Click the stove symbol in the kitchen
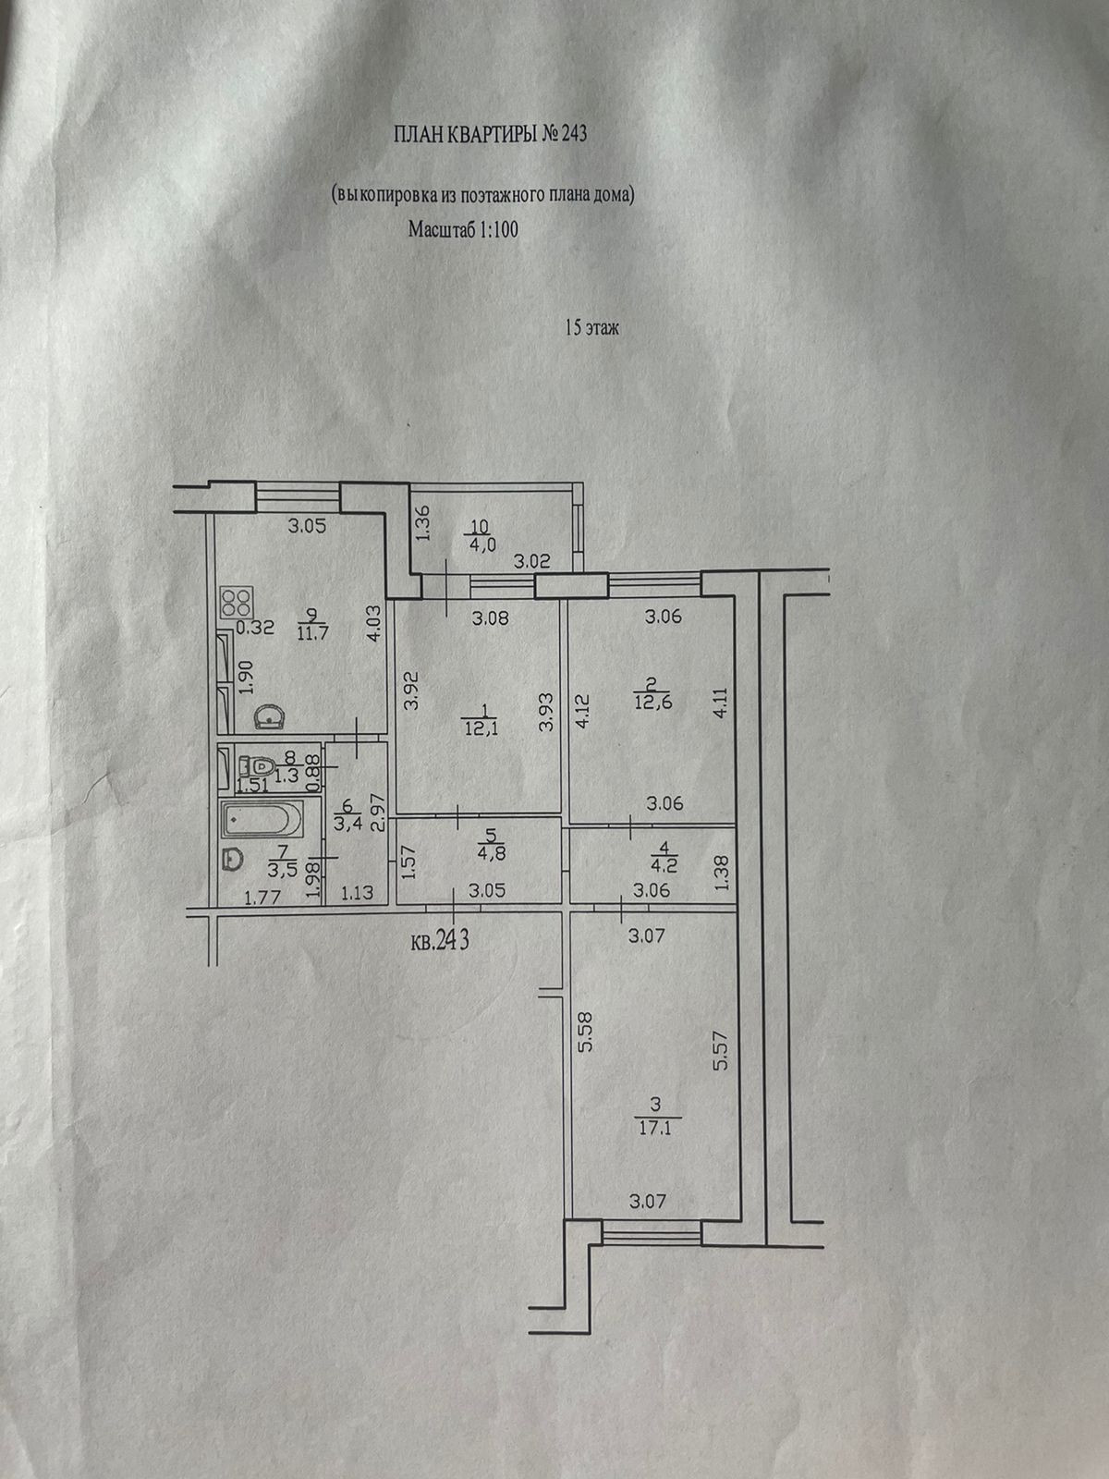tap(236, 604)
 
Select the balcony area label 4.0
tap(482, 544)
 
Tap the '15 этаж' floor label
tap(591, 327)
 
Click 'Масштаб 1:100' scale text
tap(463, 231)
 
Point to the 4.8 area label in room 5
tap(488, 853)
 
